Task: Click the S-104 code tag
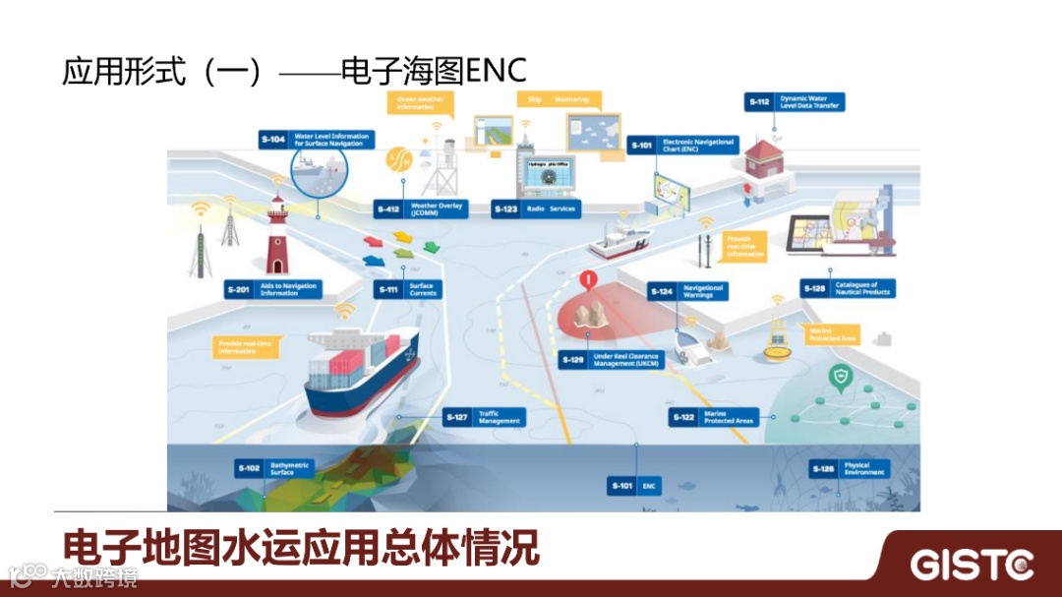[x=273, y=140]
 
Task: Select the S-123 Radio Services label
[x=535, y=209]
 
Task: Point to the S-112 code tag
[x=759, y=101]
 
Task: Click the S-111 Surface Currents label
[x=408, y=289]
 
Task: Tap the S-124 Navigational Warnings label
[x=688, y=291]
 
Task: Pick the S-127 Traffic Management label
[x=483, y=417]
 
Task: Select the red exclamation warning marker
[x=589, y=280]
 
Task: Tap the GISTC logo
[x=971, y=565]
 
